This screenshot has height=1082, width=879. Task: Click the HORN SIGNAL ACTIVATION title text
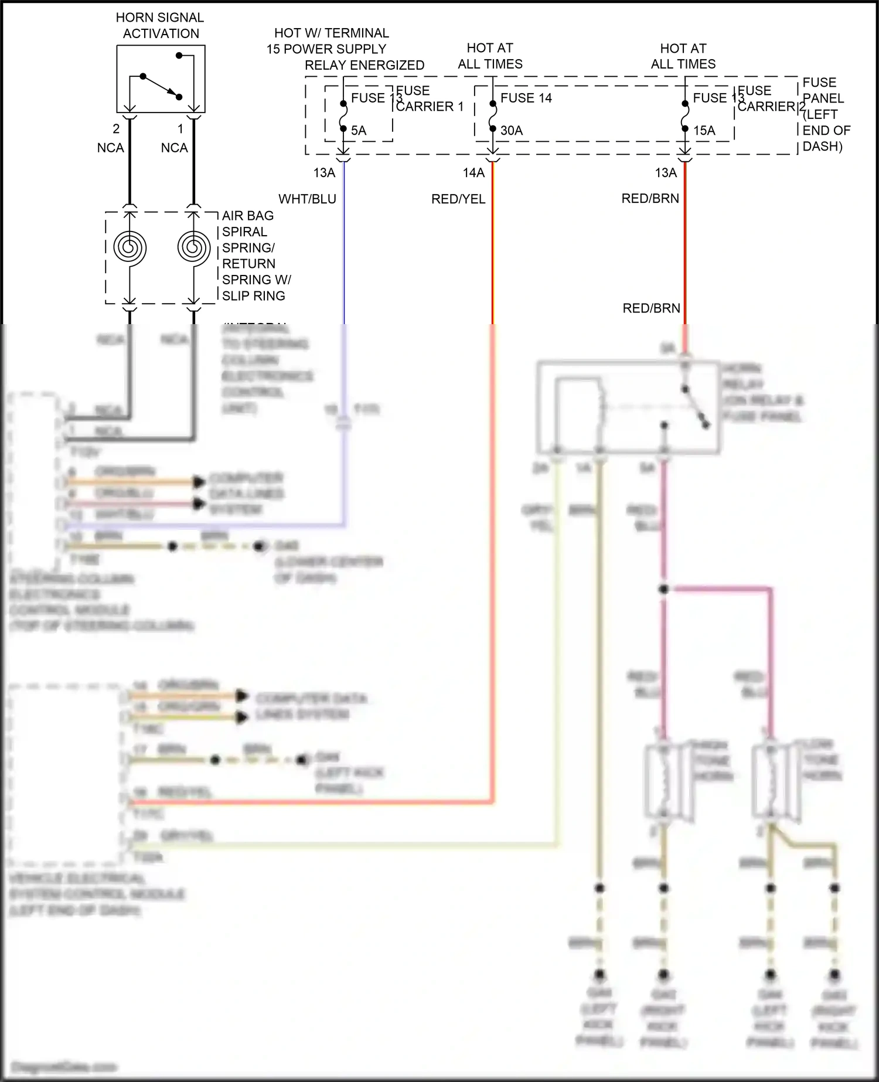pyautogui.click(x=160, y=26)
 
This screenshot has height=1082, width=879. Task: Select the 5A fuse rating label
pyautogui.click(x=359, y=131)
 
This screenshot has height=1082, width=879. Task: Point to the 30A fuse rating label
pyautogui.click(x=511, y=131)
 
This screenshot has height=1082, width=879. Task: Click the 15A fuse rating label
pyautogui.click(x=704, y=131)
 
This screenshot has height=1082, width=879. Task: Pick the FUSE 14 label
pyautogui.click(x=526, y=98)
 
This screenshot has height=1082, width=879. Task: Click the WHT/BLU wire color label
pyautogui.click(x=307, y=199)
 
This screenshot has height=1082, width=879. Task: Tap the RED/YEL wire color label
pyautogui.click(x=458, y=199)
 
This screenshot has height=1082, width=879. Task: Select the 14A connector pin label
pyautogui.click(x=473, y=173)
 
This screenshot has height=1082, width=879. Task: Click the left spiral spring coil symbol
pyautogui.click(x=130, y=248)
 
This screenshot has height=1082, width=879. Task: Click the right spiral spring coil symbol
pyautogui.click(x=193, y=248)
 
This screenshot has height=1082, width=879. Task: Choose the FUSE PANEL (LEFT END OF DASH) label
pyautogui.click(x=825, y=114)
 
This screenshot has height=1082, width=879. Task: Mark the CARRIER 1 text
pyautogui.click(x=430, y=107)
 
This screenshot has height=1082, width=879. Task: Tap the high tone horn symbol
pyautogui.click(x=665, y=781)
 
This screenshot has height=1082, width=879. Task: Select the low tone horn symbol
pyautogui.click(x=772, y=781)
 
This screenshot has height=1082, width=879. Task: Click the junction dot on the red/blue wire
pyautogui.click(x=663, y=588)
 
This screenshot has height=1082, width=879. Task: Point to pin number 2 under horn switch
pyautogui.click(x=116, y=128)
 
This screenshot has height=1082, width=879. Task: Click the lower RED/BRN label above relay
pyautogui.click(x=651, y=308)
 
